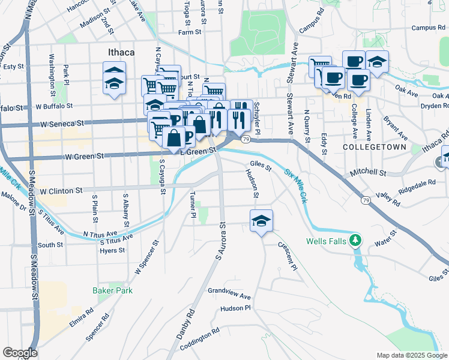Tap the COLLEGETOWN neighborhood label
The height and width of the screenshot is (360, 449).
click(375, 147)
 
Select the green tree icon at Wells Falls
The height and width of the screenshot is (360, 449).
click(356, 241)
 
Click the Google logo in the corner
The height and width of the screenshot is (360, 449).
click(20, 353)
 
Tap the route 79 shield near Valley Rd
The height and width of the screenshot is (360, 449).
click(365, 200)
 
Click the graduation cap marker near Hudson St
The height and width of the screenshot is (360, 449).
click(262, 221)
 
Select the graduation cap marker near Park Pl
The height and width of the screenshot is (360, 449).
click(114, 78)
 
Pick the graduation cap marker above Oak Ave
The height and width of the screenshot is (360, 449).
click(377, 62)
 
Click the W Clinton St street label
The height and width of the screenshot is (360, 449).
click(61, 191)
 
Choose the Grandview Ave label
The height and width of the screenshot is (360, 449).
click(229, 293)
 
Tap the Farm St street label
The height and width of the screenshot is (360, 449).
click(189, 32)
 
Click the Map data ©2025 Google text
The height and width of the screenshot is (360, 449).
click(412, 355)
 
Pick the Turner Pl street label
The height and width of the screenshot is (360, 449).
click(193, 206)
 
